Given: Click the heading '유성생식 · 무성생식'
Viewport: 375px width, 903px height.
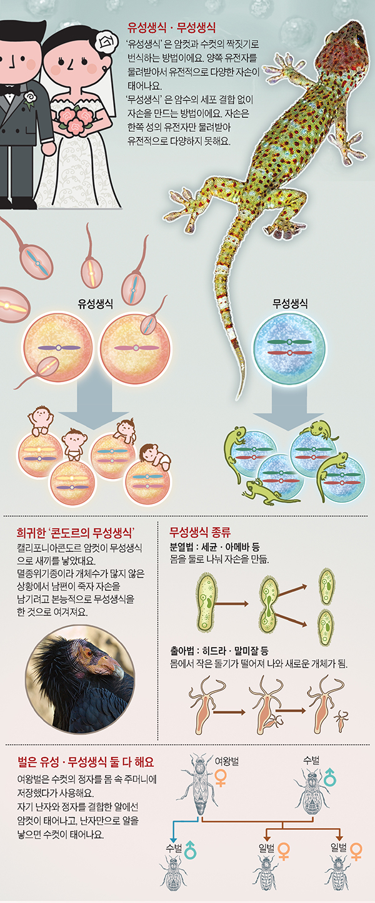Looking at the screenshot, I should (171, 27).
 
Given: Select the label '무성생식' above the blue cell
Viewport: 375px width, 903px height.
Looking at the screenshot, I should (289, 305).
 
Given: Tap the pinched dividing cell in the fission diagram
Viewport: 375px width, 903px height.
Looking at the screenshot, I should (269, 603).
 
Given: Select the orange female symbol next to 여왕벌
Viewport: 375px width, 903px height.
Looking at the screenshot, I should (221, 777).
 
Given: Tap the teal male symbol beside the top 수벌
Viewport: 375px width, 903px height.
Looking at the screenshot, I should (329, 777).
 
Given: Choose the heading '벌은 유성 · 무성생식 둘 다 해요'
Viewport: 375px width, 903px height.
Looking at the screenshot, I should (86, 762).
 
